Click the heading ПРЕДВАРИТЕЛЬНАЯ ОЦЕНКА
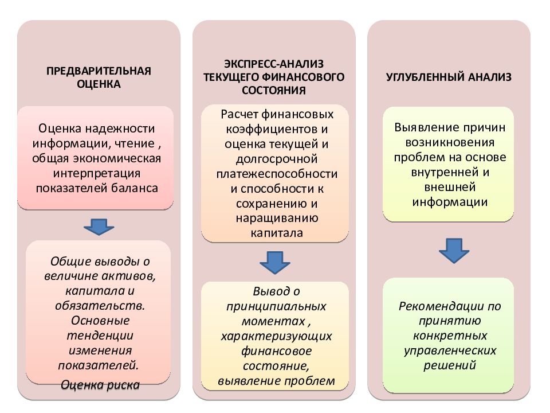(x=99, y=77)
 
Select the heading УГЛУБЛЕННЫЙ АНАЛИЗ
(x=449, y=77)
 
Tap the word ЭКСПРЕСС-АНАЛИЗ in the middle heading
(x=274, y=64)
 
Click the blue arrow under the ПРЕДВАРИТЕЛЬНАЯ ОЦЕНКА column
(x=99, y=227)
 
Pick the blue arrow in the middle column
(x=274, y=262)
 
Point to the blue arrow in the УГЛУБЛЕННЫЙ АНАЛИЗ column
(x=454, y=251)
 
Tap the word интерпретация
(x=97, y=173)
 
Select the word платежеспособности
(x=277, y=174)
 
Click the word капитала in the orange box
(x=277, y=233)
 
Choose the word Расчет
(x=239, y=114)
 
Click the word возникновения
(x=450, y=142)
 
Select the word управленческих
(x=450, y=351)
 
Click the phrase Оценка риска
(x=100, y=385)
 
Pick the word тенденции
(x=100, y=336)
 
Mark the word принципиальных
(x=276, y=306)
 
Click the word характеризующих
(x=276, y=336)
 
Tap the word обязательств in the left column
(x=99, y=306)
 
